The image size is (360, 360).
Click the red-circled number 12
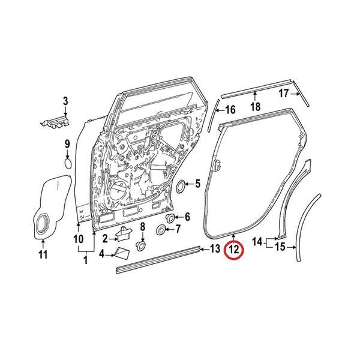pos(234,250)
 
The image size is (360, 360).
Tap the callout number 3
pos(65,101)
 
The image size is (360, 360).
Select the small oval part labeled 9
pos(68,163)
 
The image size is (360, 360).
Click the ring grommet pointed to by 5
pos(181,186)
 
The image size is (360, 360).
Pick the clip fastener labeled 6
pos(170,218)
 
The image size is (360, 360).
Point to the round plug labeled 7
pos(161,230)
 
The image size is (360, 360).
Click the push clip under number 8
pos(141,246)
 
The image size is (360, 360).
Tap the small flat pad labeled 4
pos(122,253)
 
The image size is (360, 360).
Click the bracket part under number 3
pos(55,122)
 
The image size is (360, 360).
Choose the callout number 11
pos(43,254)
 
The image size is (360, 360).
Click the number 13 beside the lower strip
pos(215,248)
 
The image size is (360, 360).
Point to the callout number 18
pos(256,107)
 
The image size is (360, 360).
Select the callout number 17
pos(284,94)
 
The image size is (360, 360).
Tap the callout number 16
pos(230,110)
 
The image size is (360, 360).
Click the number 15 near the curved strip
pos(280,247)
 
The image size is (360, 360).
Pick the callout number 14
pos(257,242)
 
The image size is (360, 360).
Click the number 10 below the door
pos(78,239)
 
